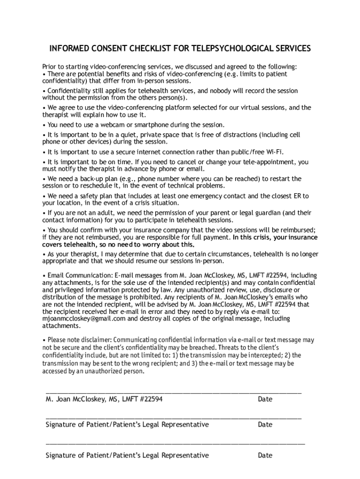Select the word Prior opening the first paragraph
pyautogui.click(x=50, y=66)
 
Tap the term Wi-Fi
pyautogui.click(x=273, y=152)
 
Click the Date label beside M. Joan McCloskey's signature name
pyautogui.click(x=265, y=399)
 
